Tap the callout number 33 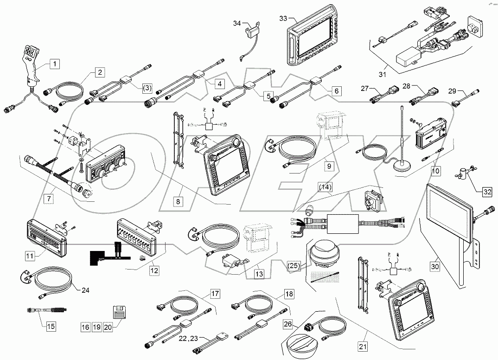[283, 19]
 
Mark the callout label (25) [294, 266]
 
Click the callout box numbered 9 [328, 165]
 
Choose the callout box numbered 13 [259, 274]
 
